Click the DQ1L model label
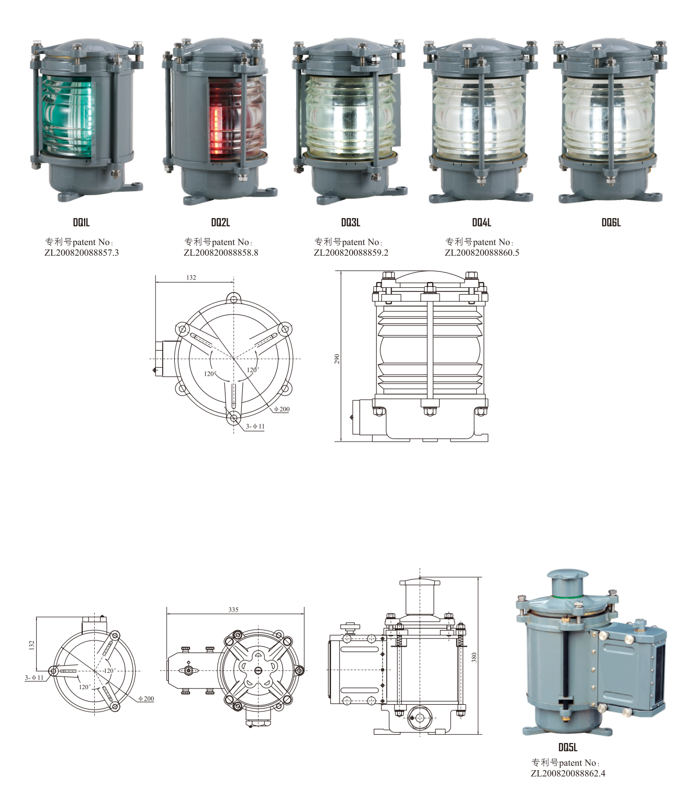click(x=81, y=222)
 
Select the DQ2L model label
click(x=221, y=222)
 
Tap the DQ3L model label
click(x=351, y=222)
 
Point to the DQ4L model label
click(x=481, y=222)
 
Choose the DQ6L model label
click(x=611, y=222)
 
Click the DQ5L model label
click(x=568, y=747)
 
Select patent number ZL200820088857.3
click(x=82, y=253)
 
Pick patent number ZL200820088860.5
click(x=482, y=253)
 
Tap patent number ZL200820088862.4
click(x=568, y=773)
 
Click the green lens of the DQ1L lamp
click(x=68, y=116)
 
